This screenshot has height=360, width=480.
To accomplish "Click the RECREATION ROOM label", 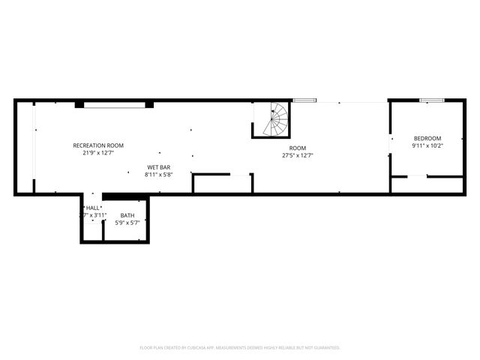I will point(98,145).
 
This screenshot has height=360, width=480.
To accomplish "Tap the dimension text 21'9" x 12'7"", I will point(98,153).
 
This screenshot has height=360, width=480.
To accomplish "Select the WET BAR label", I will point(158,167).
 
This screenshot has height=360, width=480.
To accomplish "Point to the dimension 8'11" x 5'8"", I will point(158,175).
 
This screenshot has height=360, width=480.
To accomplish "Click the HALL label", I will point(93,208).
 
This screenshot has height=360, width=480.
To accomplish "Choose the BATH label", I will point(127,215).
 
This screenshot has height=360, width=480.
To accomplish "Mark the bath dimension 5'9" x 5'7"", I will point(127,223).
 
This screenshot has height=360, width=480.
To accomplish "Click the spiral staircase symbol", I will point(274,120).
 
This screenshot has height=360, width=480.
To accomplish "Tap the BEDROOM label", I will point(427,139).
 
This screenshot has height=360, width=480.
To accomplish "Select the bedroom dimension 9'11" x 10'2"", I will point(427,146).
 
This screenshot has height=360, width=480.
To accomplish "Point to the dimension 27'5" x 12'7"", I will point(298,156).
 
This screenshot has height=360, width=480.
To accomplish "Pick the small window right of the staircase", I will point(304,100).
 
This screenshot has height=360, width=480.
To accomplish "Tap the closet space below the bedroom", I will point(427,184).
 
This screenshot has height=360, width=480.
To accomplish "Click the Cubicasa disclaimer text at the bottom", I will point(240,347).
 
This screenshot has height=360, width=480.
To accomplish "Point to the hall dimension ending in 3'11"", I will point(93,215).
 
